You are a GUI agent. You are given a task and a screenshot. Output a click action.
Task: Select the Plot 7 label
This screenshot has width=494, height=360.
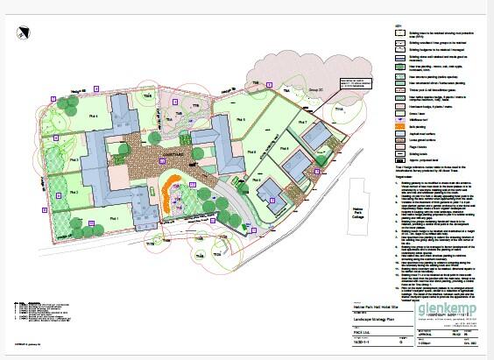[x=303, y=123]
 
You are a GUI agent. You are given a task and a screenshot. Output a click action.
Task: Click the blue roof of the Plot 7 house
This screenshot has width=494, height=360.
[x=316, y=132]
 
